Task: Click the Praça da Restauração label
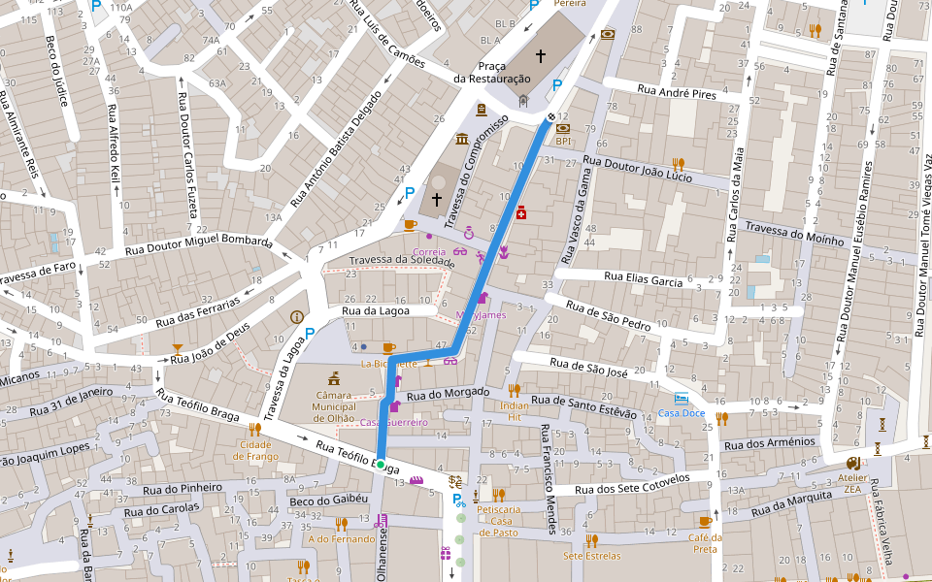(x=492, y=72)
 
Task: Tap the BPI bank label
(x=563, y=141)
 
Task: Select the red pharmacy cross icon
(x=521, y=212)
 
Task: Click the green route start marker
(x=381, y=463)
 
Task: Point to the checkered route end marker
(x=551, y=117)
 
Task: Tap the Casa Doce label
(x=682, y=412)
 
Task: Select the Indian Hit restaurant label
(x=515, y=411)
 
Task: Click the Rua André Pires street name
(x=676, y=93)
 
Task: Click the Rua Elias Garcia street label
(x=643, y=278)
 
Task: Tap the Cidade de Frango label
(x=255, y=450)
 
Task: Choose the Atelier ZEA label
(x=854, y=484)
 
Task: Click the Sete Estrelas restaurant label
(x=591, y=556)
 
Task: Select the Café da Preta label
(x=705, y=543)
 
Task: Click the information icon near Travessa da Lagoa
(x=296, y=317)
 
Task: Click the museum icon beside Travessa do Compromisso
(x=461, y=138)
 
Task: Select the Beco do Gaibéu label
(x=329, y=500)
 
